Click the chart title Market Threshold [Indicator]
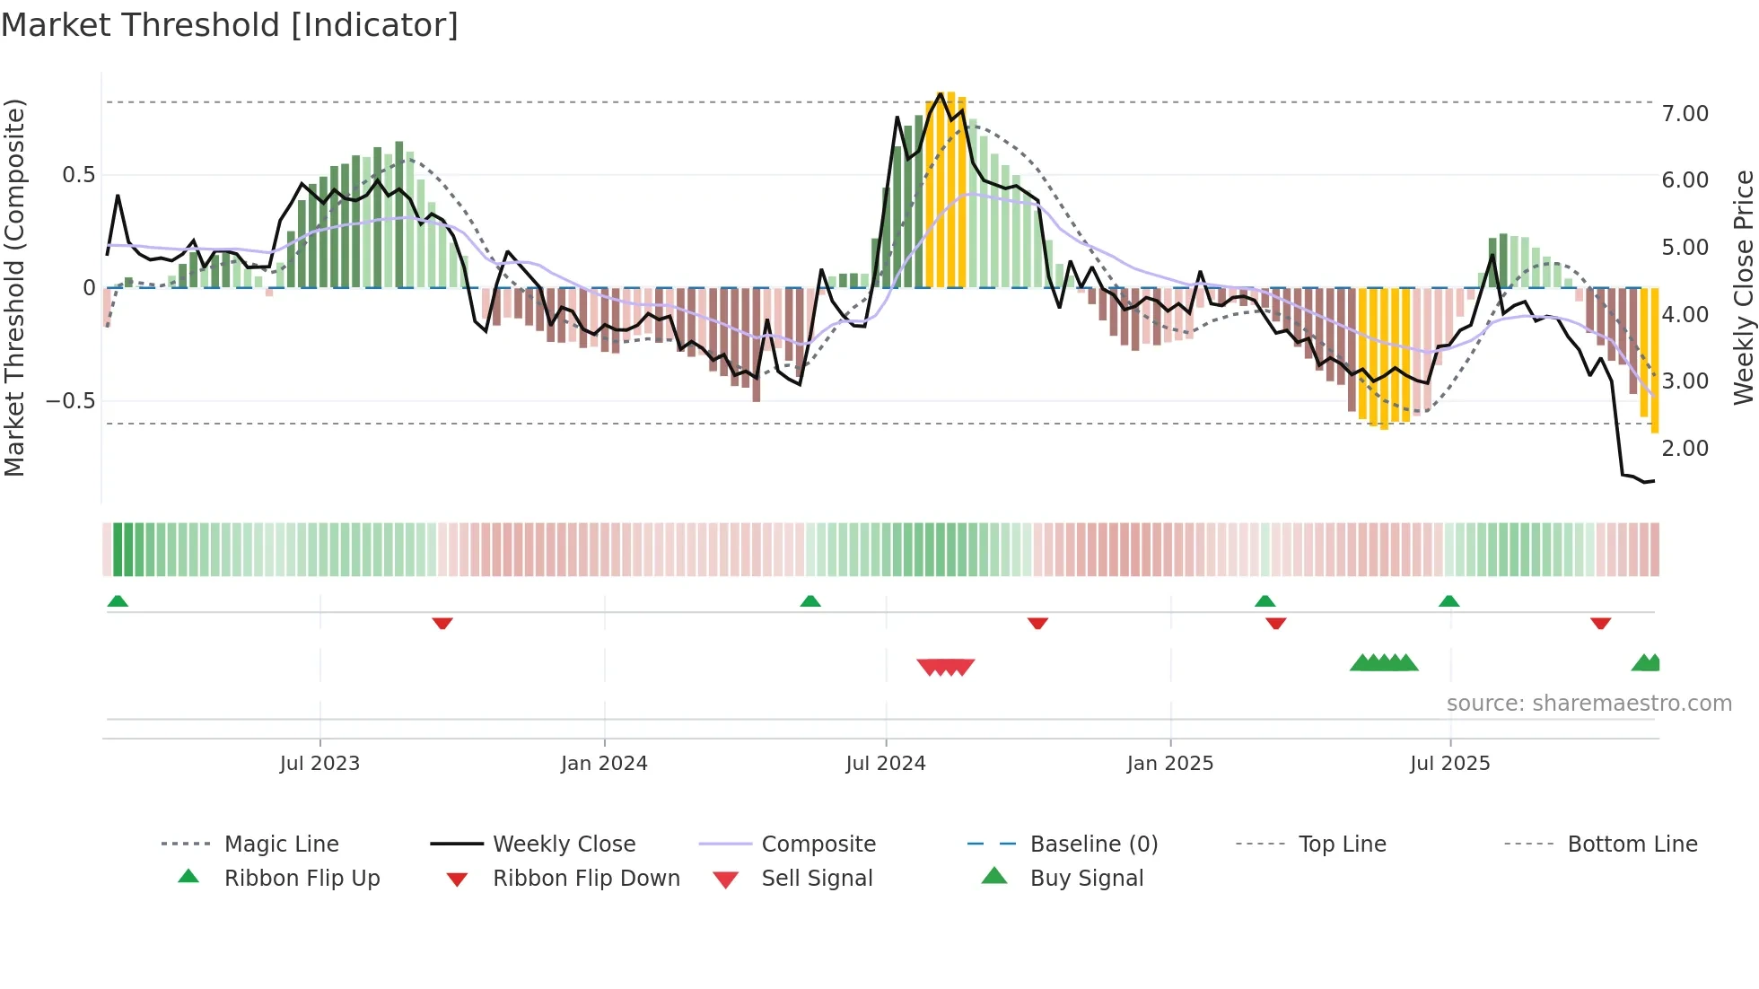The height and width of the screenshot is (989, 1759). pyautogui.click(x=230, y=25)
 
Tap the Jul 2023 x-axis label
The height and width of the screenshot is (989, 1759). pyautogui.click(x=319, y=764)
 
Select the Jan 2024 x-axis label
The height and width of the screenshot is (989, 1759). pyautogui.click(x=604, y=764)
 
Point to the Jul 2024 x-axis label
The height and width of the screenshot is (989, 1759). pyautogui.click(x=886, y=764)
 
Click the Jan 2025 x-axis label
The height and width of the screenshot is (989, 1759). pyautogui.click(x=1170, y=764)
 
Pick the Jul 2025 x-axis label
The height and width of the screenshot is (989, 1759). pyautogui.click(x=1450, y=764)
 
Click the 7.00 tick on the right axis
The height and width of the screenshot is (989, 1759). pyautogui.click(x=1685, y=114)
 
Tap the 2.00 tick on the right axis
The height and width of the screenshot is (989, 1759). pyautogui.click(x=1685, y=449)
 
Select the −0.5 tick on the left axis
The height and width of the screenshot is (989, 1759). pyautogui.click(x=70, y=400)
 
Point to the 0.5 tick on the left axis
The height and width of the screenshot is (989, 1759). pyautogui.click(x=79, y=175)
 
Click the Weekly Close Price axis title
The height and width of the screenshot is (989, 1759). pyautogui.click(x=1743, y=287)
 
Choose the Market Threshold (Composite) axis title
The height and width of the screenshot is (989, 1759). pyautogui.click(x=14, y=287)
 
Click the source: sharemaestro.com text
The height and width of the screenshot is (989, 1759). pyautogui.click(x=1588, y=704)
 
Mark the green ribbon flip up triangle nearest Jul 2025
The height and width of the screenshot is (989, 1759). pyautogui.click(x=1448, y=601)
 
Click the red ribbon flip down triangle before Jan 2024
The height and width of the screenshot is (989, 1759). pyautogui.click(x=442, y=623)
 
